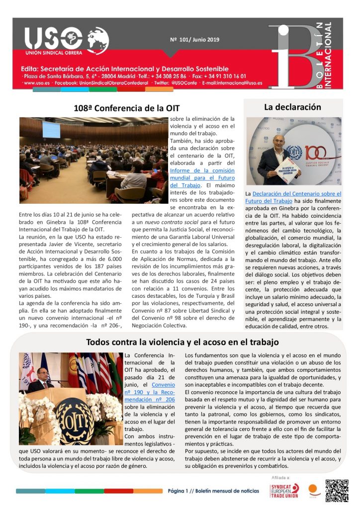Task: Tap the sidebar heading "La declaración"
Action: click(x=292, y=107)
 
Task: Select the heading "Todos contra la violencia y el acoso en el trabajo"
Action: click(x=182, y=342)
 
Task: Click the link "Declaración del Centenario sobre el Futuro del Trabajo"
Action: click(x=292, y=197)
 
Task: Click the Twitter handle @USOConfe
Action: click(x=176, y=83)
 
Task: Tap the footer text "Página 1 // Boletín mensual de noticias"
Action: click(x=213, y=491)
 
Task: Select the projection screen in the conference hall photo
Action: click(x=51, y=129)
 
